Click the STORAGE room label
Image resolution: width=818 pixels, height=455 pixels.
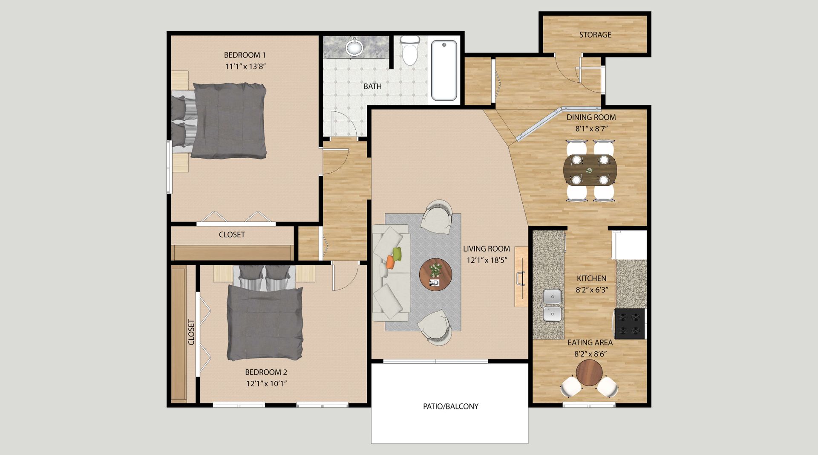tap(595, 35)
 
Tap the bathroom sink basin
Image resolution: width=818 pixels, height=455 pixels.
tap(354, 46)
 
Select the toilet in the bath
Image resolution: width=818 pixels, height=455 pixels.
tap(410, 50)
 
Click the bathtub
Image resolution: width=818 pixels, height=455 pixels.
tap(444, 70)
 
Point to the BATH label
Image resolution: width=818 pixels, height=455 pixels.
tap(372, 86)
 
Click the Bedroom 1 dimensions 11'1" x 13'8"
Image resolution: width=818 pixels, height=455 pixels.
tap(245, 67)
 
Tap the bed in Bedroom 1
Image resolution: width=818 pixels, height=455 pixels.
tap(219, 121)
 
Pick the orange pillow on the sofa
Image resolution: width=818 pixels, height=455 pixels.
tap(390, 262)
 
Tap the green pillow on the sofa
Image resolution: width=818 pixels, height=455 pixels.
tap(397, 254)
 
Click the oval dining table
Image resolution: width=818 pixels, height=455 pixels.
tap(590, 170)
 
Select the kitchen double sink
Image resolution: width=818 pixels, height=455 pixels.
tap(552, 305)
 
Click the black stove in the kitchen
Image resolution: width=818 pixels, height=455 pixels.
tap(629, 324)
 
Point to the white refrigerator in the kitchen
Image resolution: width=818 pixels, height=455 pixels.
tap(629, 245)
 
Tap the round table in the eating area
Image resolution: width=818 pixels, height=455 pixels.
tap(589, 373)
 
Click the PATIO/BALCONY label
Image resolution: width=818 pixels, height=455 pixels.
tap(451, 406)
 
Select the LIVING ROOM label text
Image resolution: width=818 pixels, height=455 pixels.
tap(487, 249)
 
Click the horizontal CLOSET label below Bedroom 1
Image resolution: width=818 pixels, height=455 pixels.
tap(232, 235)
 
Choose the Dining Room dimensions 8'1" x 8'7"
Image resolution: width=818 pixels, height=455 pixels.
tap(591, 128)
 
